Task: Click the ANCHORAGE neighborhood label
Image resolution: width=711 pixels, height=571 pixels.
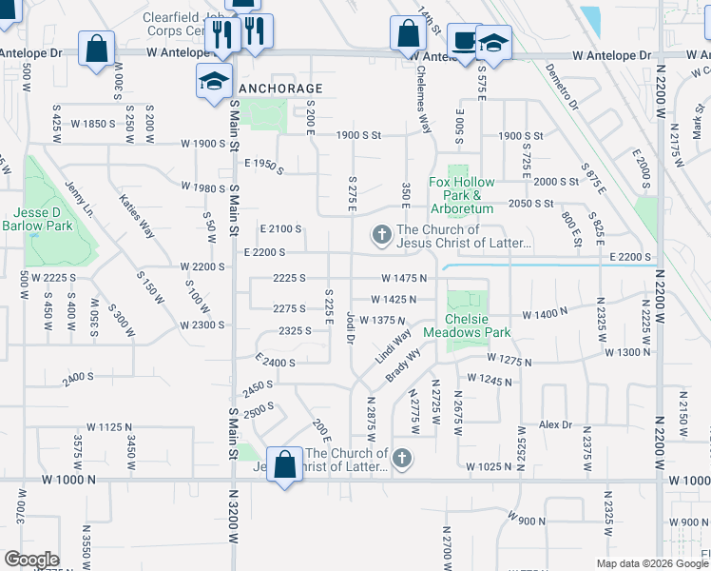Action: pos(280,89)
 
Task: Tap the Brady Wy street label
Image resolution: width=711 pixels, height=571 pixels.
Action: pos(401,368)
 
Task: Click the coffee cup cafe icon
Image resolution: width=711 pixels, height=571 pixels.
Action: pos(464,41)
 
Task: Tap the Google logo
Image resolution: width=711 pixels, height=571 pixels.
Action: pos(31,560)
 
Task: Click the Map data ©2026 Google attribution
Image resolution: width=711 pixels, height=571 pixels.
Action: pos(651,563)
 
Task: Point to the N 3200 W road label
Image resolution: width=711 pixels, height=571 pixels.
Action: pos(234,514)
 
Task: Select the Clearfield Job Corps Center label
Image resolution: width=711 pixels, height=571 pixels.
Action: pos(186,24)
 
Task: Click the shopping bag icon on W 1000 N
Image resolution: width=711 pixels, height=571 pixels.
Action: pos(284,465)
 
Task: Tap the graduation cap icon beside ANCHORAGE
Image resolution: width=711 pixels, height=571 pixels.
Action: pos(214,81)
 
